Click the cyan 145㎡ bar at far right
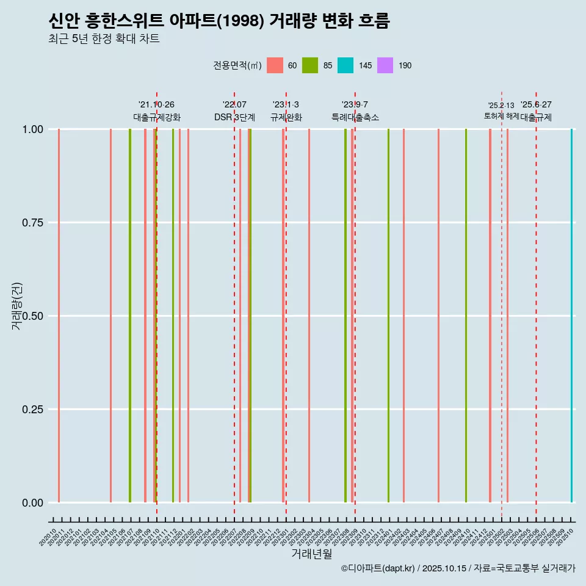tap(571, 316)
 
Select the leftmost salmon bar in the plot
tap(59, 316)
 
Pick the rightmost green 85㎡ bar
tap(466, 316)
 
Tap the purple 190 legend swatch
tap(386, 65)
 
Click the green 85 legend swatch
tap(310, 65)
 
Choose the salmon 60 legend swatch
tap(275, 65)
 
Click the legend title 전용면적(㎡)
tap(237, 65)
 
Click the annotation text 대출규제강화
tap(157, 117)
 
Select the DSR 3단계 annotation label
tap(234, 117)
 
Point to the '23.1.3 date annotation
tap(286, 105)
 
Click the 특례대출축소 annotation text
tap(355, 117)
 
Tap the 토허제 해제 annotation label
tap(501, 115)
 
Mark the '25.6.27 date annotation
tap(536, 105)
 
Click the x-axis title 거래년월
tap(311, 554)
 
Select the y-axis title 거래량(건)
tap(17, 305)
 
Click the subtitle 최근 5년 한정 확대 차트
tap(104, 39)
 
